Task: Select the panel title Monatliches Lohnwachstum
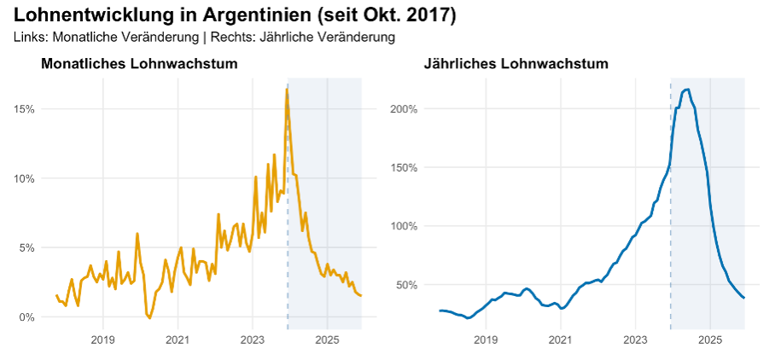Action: click(x=139, y=64)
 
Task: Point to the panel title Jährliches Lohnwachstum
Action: click(x=516, y=64)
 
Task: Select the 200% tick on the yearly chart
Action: click(x=404, y=109)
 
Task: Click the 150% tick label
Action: click(x=404, y=167)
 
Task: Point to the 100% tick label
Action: click(x=404, y=226)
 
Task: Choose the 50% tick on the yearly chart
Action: click(x=406, y=284)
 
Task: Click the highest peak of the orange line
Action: click(x=287, y=90)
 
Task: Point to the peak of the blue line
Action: click(x=688, y=90)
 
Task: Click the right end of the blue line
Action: click(x=744, y=298)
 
